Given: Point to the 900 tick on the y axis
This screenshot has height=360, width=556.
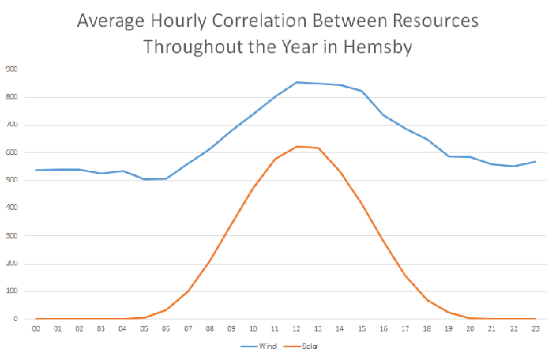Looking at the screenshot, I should (x=12, y=69).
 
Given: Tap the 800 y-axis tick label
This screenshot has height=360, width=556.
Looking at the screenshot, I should (x=12, y=97).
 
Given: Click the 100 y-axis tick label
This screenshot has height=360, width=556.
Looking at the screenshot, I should (x=12, y=292).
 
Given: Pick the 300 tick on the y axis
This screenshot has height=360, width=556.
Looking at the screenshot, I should (x=12, y=236).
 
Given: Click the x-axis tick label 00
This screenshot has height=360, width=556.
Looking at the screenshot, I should (x=36, y=327).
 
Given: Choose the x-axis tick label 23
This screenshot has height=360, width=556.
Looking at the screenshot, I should (x=536, y=327).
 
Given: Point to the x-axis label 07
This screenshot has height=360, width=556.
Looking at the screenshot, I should (x=188, y=327).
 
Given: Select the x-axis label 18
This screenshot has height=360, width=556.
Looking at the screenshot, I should (x=427, y=327).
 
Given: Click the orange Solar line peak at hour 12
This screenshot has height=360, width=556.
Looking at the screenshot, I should (x=297, y=146).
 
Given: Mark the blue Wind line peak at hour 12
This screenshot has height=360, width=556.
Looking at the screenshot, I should (x=297, y=82).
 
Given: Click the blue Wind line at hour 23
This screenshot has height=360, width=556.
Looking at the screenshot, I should (x=536, y=161).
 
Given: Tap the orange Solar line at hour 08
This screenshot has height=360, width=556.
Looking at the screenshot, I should (x=210, y=261).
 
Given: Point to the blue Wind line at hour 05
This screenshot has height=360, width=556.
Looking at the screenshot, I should (x=145, y=179).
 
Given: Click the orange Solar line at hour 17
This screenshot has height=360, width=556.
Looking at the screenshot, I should (x=406, y=275).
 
